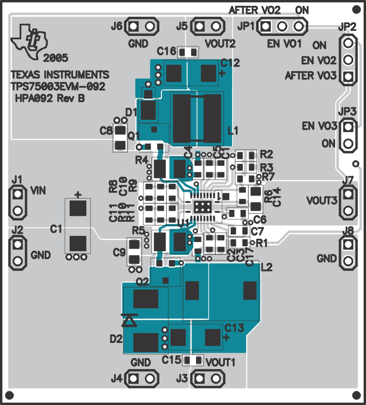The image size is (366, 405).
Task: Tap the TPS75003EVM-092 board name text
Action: click(58, 87)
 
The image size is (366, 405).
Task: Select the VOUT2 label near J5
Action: click(220, 44)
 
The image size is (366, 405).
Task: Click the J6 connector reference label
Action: click(116, 27)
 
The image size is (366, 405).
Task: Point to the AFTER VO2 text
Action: click(255, 10)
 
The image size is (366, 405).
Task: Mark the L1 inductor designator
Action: click(233, 130)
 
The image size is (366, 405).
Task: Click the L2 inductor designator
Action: click(267, 267)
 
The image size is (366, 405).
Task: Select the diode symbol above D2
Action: click(129, 321)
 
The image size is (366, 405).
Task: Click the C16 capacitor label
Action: click(167, 51)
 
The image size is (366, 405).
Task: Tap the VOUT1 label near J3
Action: click(221, 362)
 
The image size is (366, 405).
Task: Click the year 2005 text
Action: click(55, 58)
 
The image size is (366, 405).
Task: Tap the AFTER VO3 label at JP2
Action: click(311, 76)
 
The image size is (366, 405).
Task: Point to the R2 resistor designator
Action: click(267, 154)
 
